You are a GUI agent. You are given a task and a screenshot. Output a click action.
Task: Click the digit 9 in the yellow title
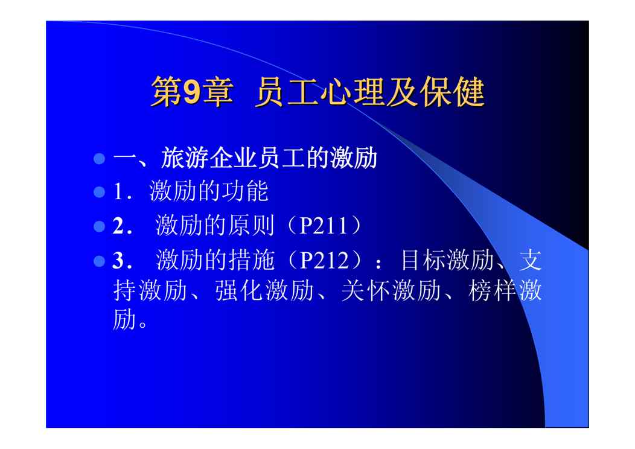coord(192,92)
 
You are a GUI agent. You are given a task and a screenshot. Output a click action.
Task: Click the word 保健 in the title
coord(452,92)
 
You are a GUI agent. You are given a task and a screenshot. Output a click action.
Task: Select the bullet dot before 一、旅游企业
coord(99,158)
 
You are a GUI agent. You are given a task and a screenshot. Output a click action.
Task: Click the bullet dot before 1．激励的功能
coord(99,191)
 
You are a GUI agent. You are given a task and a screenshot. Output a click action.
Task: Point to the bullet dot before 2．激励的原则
coord(99,226)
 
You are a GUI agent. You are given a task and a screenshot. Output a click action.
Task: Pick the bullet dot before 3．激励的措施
coord(99,261)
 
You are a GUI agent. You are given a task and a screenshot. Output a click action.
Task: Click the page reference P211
coord(323,226)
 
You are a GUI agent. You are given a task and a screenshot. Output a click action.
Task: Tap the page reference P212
coord(324,260)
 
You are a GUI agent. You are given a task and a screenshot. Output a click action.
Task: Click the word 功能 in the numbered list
coord(244,191)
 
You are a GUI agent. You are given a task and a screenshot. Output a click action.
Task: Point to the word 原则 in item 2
coord(251,226)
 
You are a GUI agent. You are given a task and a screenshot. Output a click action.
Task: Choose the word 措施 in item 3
coord(252,260)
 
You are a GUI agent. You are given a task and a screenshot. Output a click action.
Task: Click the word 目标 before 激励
coord(424,260)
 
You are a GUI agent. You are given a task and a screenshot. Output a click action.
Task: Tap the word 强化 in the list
coord(239,290)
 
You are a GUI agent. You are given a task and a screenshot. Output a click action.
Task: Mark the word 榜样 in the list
coord(492,290)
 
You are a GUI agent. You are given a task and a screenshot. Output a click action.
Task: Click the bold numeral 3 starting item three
coord(118,261)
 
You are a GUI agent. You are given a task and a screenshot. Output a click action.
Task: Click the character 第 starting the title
coord(167,92)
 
